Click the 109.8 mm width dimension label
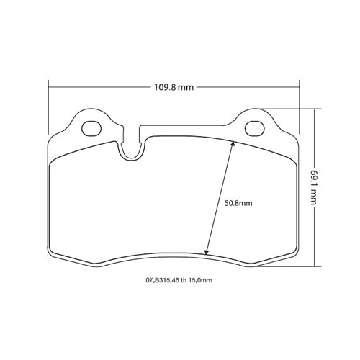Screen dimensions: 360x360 click(x=174, y=87)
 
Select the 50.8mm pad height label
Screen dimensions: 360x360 click(x=238, y=203)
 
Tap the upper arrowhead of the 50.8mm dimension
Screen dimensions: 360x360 click(x=232, y=143)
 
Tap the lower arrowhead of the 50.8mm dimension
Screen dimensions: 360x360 click(x=207, y=252)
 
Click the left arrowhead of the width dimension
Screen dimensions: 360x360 click(x=51, y=87)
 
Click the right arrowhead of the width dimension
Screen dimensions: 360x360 click(x=297, y=87)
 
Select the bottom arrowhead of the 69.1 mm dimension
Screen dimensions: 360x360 click(x=315, y=264)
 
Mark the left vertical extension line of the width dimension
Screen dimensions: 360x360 click(x=48, y=108)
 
